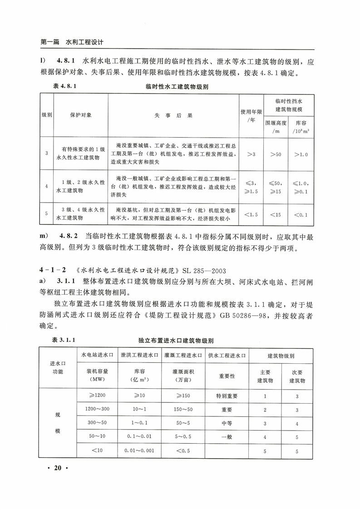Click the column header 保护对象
(x=80, y=115)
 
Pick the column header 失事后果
(x=173, y=115)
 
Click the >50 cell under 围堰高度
(x=276, y=154)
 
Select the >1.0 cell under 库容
(x=301, y=154)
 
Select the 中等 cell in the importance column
(x=227, y=423)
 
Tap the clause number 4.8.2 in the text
(x=68, y=237)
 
